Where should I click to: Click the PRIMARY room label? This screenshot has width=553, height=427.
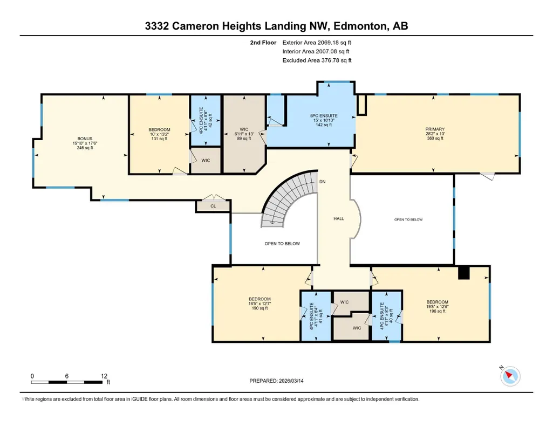pyautogui.click(x=435, y=129)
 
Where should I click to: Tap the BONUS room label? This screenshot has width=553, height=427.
pyautogui.click(x=85, y=139)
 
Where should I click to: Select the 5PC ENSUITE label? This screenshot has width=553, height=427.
pyautogui.click(x=324, y=115)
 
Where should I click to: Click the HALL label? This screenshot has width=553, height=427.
pyautogui.click(x=339, y=218)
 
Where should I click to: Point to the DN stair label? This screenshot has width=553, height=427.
pyautogui.click(x=322, y=182)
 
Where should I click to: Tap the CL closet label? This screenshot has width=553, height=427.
pyautogui.click(x=213, y=206)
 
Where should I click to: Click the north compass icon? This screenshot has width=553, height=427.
pyautogui.click(x=510, y=376)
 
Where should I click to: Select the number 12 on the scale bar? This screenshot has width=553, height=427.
pyautogui.click(x=104, y=376)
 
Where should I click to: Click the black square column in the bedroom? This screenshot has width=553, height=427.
pyautogui.click(x=464, y=273)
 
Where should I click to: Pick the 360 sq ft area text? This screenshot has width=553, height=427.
pyautogui.click(x=435, y=139)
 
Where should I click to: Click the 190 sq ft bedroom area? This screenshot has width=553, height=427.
pyautogui.click(x=260, y=308)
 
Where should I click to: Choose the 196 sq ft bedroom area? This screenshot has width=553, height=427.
pyautogui.click(x=438, y=311)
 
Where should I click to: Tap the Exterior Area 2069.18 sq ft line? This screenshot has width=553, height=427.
pyautogui.click(x=317, y=43)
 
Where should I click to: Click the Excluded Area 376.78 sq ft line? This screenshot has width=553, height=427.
pyautogui.click(x=317, y=60)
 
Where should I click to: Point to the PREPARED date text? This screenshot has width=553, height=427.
pyautogui.click(x=276, y=381)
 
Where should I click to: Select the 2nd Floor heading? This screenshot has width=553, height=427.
pyautogui.click(x=263, y=43)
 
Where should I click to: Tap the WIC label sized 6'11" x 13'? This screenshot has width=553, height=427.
pyautogui.click(x=244, y=129)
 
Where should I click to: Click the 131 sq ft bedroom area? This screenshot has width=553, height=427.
pyautogui.click(x=159, y=139)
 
